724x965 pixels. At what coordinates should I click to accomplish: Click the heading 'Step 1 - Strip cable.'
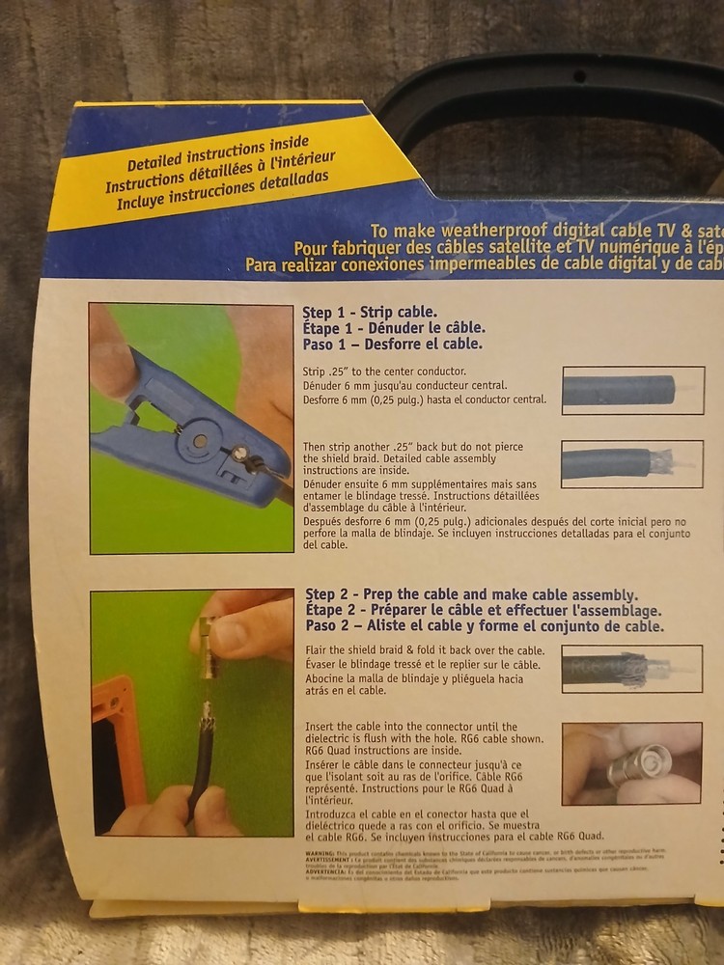370,313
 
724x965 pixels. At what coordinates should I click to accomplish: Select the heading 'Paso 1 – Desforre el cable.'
393,344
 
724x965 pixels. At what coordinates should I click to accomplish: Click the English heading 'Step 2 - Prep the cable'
471,594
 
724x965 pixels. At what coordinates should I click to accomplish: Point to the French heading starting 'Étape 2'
483,610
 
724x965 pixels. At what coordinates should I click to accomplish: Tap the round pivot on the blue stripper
199,440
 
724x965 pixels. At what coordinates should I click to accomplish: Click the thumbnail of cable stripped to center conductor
632,390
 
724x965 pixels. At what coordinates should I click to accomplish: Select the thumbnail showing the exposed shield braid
632,463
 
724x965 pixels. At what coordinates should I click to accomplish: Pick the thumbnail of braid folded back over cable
632,669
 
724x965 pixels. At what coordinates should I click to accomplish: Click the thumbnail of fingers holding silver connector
632,762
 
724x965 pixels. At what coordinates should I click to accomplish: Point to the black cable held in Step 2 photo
203,762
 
